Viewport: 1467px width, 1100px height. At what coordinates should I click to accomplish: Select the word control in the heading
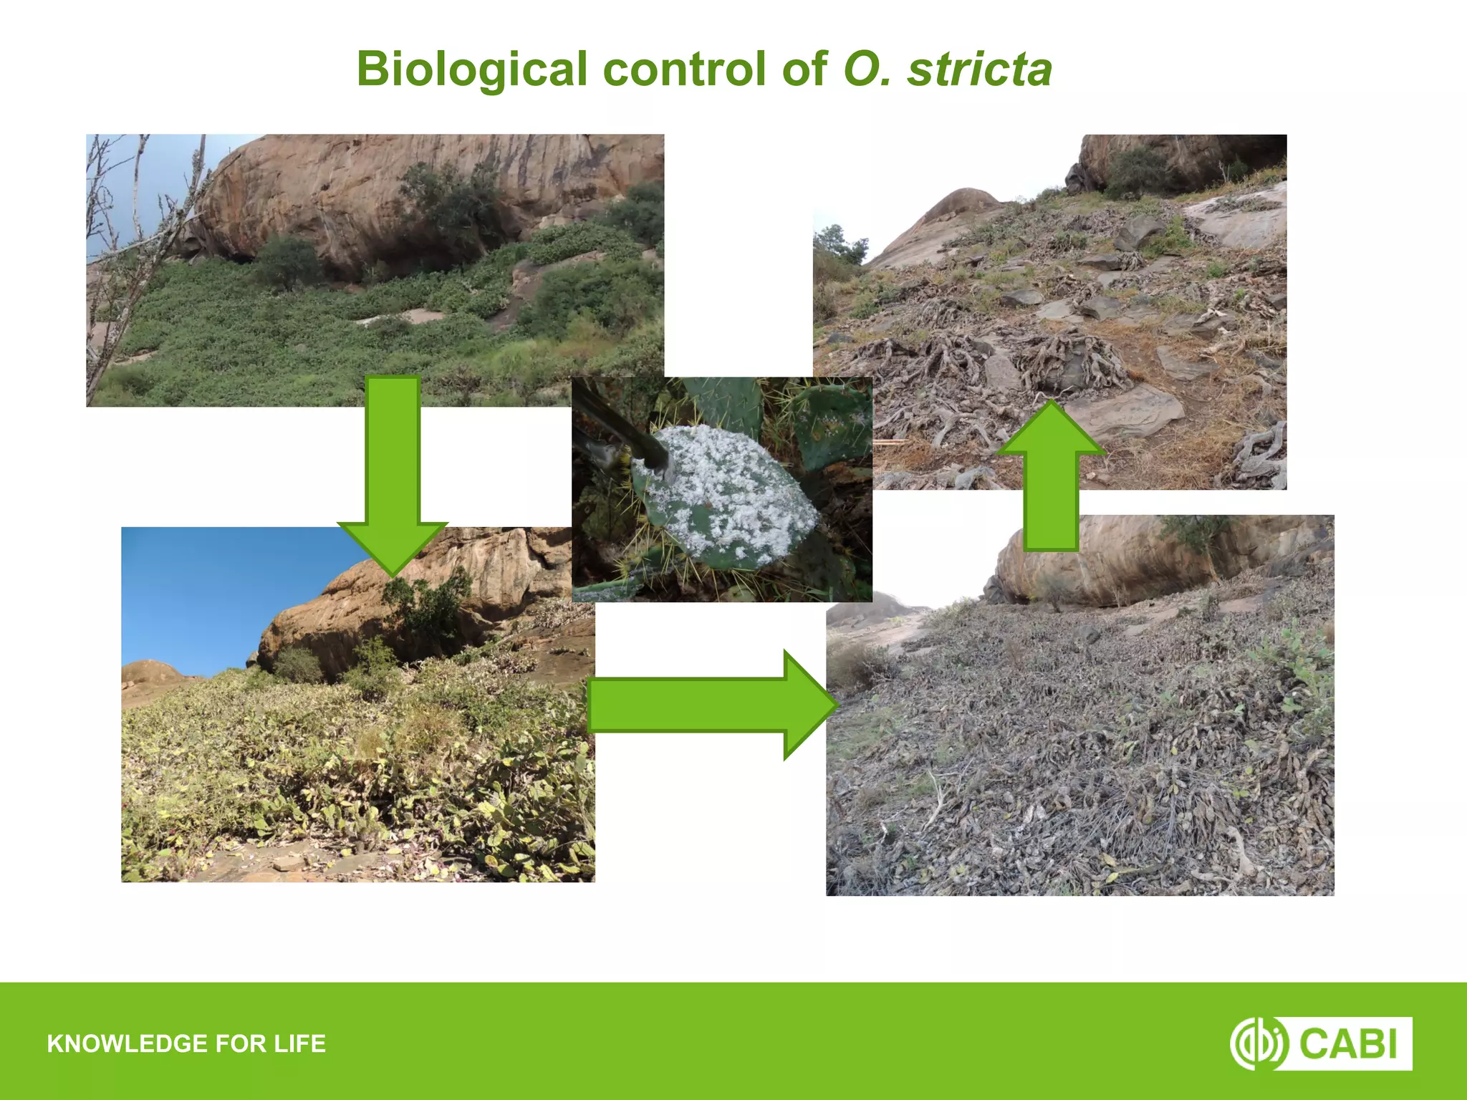pyautogui.click(x=685, y=69)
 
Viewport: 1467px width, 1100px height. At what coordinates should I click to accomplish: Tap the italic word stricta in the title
pyautogui.click(x=979, y=69)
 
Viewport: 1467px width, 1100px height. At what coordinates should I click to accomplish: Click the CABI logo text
pyautogui.click(x=1347, y=1043)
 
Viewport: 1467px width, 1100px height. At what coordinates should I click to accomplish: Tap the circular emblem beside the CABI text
pyautogui.click(x=1258, y=1043)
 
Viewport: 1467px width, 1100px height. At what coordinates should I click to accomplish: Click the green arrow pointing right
pyautogui.click(x=709, y=705)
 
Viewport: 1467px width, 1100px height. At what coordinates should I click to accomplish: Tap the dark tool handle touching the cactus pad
pyautogui.click(x=623, y=430)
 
